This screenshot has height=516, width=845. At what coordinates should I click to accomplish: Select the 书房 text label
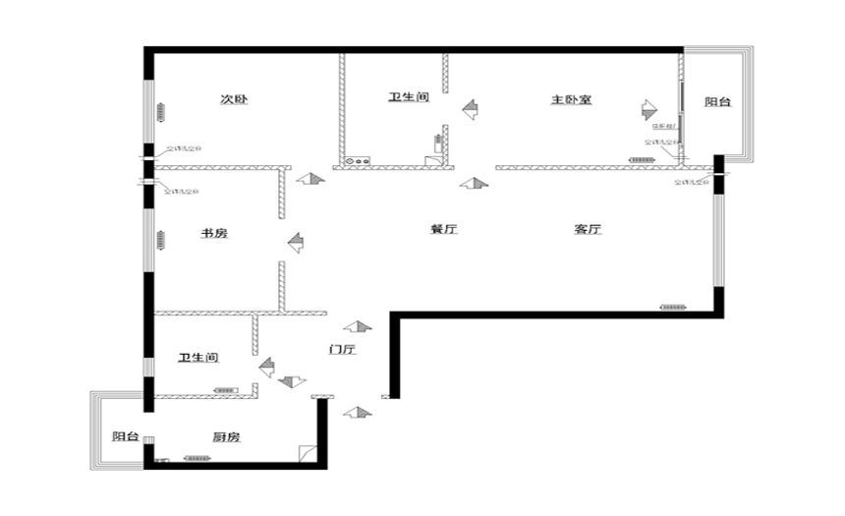click(214, 233)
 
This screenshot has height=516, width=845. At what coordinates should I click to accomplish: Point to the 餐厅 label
click(444, 229)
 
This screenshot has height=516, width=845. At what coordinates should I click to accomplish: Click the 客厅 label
click(588, 229)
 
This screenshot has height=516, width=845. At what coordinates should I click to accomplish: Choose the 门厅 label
click(342, 349)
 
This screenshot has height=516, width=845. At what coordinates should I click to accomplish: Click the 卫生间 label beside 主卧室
click(409, 97)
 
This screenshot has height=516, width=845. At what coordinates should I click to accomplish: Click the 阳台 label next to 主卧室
click(718, 102)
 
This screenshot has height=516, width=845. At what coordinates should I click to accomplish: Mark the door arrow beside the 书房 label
click(296, 241)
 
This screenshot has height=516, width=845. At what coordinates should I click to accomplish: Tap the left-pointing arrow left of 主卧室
click(470, 108)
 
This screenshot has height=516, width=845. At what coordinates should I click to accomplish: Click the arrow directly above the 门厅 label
click(358, 326)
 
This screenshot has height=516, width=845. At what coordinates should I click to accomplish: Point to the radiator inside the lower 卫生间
click(225, 390)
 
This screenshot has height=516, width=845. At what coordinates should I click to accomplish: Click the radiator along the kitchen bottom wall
click(197, 458)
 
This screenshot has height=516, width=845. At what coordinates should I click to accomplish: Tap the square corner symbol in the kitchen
click(309, 454)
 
